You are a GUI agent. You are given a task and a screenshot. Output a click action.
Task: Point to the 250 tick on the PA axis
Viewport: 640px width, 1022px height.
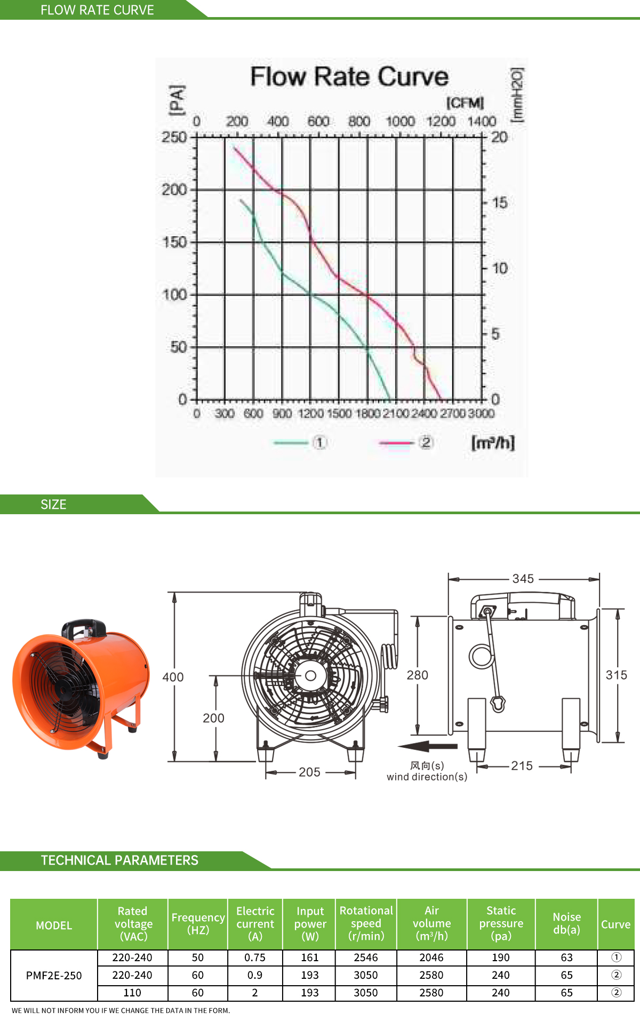(174, 137)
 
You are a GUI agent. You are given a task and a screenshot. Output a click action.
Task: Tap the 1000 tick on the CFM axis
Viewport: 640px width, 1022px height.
(400, 122)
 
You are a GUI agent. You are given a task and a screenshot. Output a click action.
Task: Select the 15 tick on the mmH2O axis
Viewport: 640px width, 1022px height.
(500, 203)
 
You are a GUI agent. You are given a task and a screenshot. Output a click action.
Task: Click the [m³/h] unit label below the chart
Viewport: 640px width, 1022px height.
(493, 443)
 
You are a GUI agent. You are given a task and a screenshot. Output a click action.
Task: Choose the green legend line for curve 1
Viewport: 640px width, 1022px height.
(291, 443)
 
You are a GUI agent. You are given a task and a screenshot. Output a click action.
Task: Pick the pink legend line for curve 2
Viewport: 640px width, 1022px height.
(396, 443)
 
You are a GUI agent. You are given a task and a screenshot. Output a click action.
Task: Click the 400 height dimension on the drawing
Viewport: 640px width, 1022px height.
(173, 677)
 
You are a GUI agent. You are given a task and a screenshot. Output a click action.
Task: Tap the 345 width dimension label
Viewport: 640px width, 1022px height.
(523, 579)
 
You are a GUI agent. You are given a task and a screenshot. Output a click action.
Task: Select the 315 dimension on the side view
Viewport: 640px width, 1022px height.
(616, 675)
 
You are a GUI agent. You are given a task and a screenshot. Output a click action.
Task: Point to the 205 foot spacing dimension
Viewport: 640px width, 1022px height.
(309, 772)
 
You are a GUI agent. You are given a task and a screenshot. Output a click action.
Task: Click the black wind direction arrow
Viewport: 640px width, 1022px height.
(428, 746)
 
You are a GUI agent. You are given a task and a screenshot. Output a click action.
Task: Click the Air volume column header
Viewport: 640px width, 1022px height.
(431, 923)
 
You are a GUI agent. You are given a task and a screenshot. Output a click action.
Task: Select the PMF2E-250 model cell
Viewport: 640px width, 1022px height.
(54, 975)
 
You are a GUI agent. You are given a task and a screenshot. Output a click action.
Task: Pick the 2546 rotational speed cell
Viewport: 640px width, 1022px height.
(366, 957)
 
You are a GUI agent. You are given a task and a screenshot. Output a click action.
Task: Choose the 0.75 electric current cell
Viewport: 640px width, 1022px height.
(255, 957)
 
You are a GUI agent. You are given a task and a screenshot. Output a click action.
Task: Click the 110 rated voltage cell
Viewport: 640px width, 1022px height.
(132, 993)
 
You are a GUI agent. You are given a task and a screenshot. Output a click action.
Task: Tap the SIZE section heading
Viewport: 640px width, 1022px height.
(53, 504)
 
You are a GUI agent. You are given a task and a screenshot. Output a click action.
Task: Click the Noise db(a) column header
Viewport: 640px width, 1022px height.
(566, 923)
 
